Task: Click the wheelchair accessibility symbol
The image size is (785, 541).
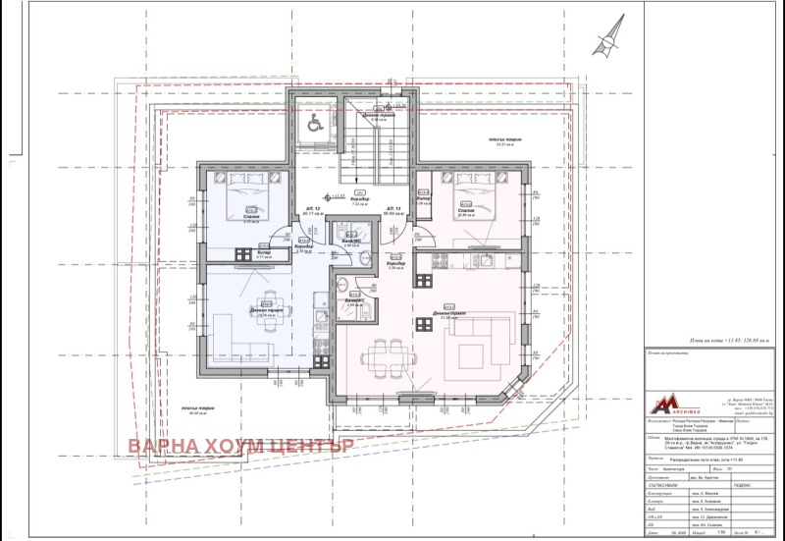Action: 316,124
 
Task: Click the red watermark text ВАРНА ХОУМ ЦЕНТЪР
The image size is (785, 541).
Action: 240,448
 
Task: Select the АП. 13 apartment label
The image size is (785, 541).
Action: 393,209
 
